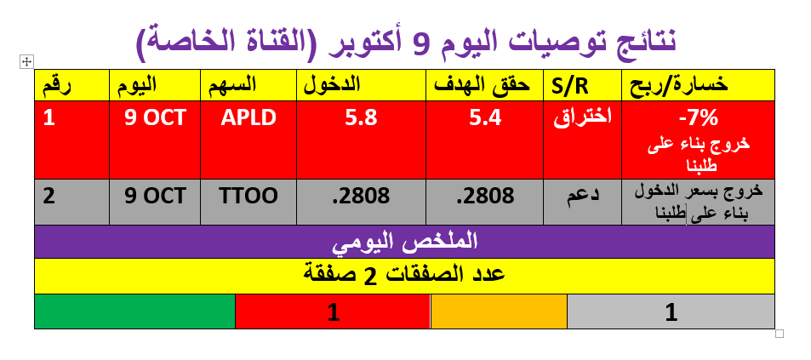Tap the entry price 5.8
point(361,118)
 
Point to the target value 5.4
point(485,118)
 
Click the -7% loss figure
point(699,118)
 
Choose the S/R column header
point(574,86)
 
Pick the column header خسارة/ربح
point(680,85)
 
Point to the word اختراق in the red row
point(582,117)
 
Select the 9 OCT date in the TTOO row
point(155,196)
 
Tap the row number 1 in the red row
point(49,118)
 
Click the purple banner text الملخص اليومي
point(404,242)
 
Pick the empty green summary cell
point(135,311)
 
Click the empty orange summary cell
point(500,311)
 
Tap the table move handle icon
point(26,62)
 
